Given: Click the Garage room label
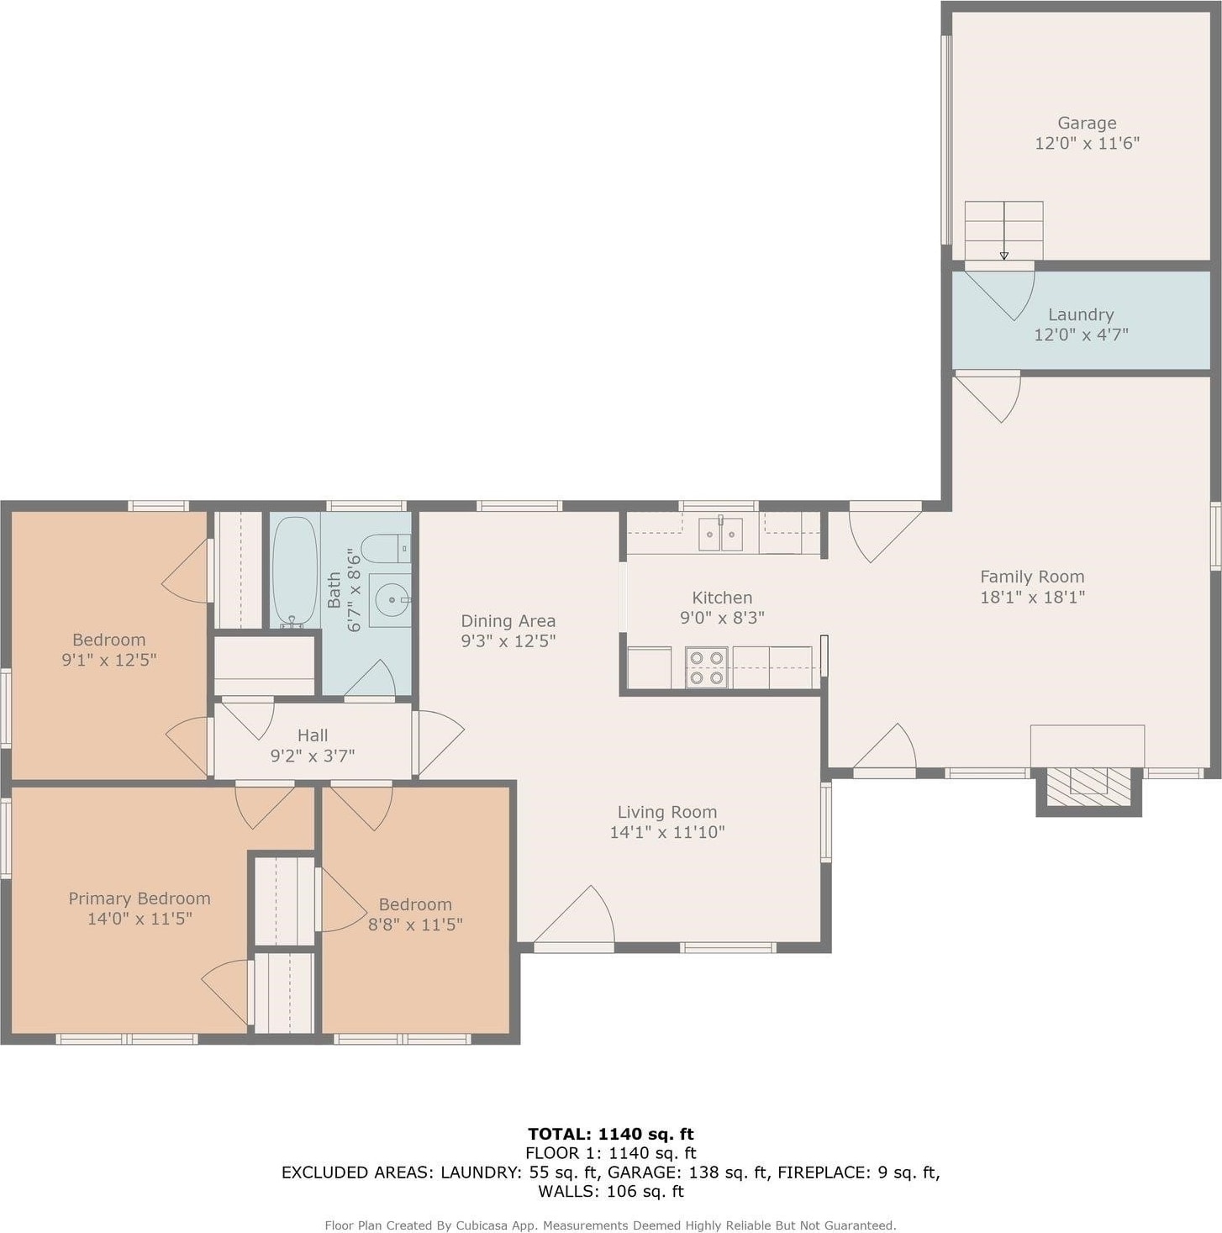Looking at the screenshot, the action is tap(1087, 123).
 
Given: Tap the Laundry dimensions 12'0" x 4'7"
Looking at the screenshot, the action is tap(1081, 335).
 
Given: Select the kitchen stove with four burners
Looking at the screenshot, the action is tap(707, 667).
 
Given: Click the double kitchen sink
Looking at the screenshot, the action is tap(721, 535).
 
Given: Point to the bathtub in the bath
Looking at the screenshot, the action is tap(294, 572).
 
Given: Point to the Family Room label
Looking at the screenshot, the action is tap(1032, 577).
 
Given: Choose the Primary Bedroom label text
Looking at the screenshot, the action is tap(140, 898).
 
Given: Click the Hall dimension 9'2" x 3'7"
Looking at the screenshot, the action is tap(313, 756).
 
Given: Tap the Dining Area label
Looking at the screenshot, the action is tap(508, 620).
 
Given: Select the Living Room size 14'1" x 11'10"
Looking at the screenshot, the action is tap(667, 832).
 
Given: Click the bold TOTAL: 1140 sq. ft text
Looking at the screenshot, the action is tap(611, 1134).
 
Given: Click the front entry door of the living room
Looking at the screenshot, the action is tap(574, 915).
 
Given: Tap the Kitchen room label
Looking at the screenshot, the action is tap(722, 598).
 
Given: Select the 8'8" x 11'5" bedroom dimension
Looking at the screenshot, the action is tap(415, 925).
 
